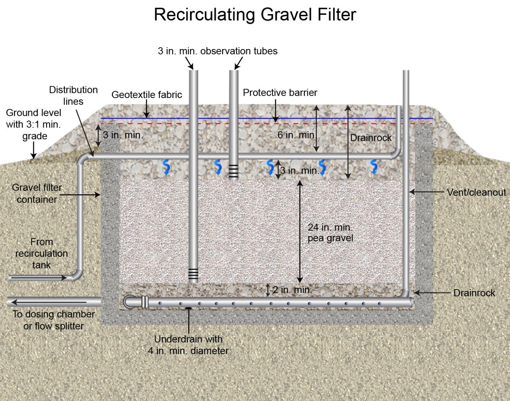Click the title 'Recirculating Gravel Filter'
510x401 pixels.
pyautogui.click(x=255, y=15)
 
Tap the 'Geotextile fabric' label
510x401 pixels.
pyautogui.click(x=147, y=95)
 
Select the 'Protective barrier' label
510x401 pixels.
pyautogui.click(x=280, y=93)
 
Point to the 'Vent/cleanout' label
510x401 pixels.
pyautogui.click(x=476, y=192)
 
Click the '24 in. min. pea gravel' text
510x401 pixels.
pyautogui.click(x=330, y=233)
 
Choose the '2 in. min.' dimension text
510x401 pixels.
pyautogui.click(x=292, y=290)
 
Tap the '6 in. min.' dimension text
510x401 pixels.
pyautogui.click(x=297, y=135)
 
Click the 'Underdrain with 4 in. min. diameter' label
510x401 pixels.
pyautogui.click(x=188, y=345)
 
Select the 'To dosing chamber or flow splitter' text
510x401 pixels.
pyautogui.click(x=54, y=320)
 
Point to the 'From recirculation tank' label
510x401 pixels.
pyautogui.click(x=41, y=253)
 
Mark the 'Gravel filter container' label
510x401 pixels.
pyautogui.click(x=37, y=193)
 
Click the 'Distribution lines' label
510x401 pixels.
pyautogui.click(x=73, y=96)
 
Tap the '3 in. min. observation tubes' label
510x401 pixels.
pyautogui.click(x=218, y=51)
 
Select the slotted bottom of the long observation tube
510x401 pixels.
pyautogui.click(x=193, y=274)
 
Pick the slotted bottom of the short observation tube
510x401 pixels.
pyautogui.click(x=234, y=171)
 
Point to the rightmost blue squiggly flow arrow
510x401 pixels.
pyautogui.click(x=374, y=167)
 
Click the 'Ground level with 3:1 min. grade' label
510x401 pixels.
pyautogui.click(x=34, y=124)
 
